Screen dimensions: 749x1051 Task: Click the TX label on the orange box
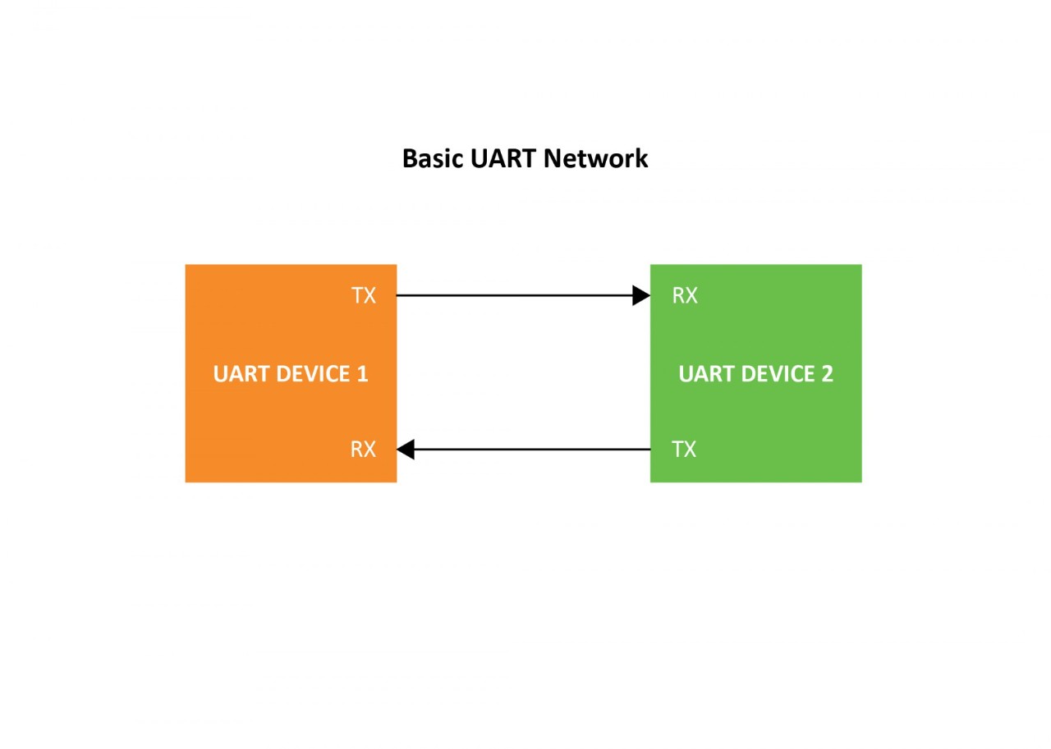pyautogui.click(x=364, y=295)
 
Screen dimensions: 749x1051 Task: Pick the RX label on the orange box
pyautogui.click(x=363, y=450)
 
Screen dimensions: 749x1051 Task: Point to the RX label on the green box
pyautogui.click(x=685, y=295)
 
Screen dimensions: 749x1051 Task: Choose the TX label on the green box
pyautogui.click(x=684, y=450)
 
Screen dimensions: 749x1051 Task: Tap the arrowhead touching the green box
pyautogui.click(x=641, y=295)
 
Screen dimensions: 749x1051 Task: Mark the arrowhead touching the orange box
pyautogui.click(x=406, y=450)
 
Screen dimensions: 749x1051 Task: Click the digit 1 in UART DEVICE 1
pyautogui.click(x=362, y=374)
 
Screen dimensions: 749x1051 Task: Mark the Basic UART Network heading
pyautogui.click(x=525, y=158)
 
